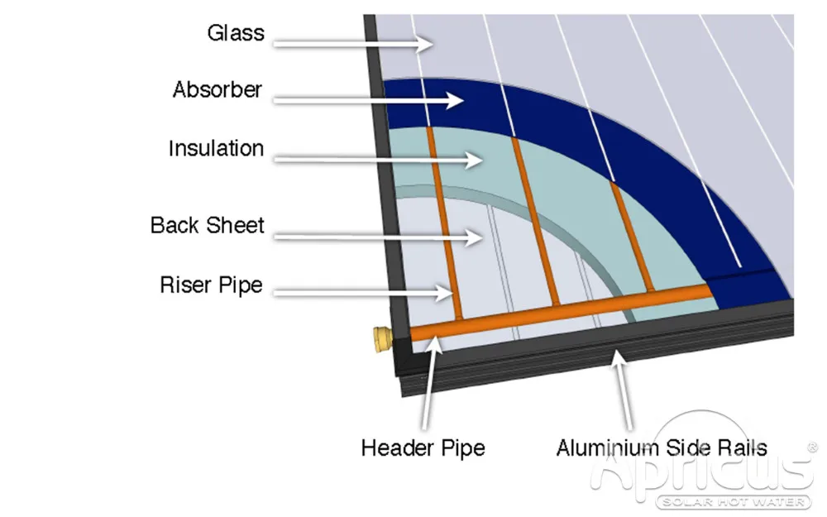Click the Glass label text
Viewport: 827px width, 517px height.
[236, 34]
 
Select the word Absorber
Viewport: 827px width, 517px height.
[218, 89]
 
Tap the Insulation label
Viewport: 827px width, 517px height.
[216, 149]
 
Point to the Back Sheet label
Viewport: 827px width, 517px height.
[208, 225]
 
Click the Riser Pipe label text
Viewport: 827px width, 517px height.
[211, 285]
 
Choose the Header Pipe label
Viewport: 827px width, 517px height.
[423, 448]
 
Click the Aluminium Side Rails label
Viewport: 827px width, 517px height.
[662, 448]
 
